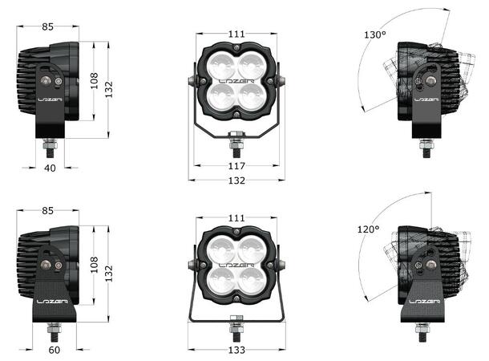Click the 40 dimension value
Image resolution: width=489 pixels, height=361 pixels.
click(49, 168)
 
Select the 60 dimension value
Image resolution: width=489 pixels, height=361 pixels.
click(53, 351)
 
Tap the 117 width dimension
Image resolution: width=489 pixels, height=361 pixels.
click(236, 165)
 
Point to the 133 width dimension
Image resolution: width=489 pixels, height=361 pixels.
click(235, 351)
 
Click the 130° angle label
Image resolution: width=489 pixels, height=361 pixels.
click(374, 35)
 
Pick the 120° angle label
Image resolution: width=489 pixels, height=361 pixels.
click(368, 229)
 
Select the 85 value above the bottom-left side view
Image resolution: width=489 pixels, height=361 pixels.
click(48, 211)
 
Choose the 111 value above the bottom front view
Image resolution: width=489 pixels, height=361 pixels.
click(235, 217)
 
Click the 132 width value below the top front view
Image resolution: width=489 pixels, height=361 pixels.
click(236, 180)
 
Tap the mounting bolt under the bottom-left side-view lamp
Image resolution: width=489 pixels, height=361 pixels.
click(55, 328)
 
